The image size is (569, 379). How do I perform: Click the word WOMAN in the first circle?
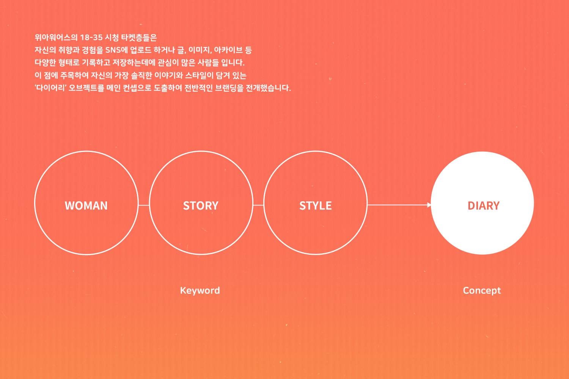pos(86,206)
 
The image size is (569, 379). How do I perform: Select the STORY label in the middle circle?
pos(201,206)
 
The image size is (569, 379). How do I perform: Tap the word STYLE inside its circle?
pos(316,206)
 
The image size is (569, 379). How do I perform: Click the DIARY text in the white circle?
pos(484,206)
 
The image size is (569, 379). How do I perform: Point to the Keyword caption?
pos(200,290)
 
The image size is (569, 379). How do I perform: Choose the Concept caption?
pos(482,291)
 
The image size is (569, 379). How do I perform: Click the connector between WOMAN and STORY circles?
pos(144,205)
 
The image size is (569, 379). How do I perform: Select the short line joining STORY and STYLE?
pos(259,205)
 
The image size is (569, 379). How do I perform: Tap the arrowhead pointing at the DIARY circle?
pos(429,205)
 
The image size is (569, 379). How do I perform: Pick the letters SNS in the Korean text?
pos(113,50)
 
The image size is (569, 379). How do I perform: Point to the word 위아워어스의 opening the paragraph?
pos(56,38)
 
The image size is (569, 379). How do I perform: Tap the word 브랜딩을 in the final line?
pos(229,88)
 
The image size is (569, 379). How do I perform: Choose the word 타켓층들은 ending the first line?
pos(139,38)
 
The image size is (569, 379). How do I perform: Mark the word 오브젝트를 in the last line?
pos(86,88)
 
